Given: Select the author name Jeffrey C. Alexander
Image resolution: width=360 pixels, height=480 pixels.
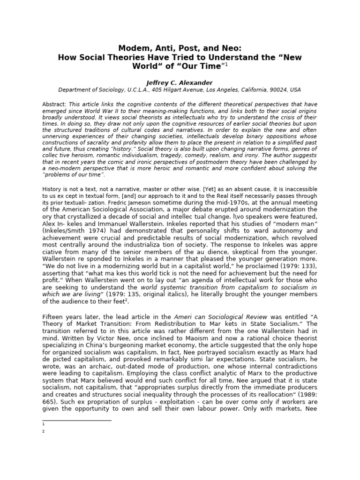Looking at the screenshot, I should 180,83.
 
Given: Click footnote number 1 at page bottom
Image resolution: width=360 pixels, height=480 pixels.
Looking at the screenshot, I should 43,423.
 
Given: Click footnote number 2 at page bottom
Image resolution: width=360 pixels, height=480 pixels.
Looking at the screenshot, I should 43,431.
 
